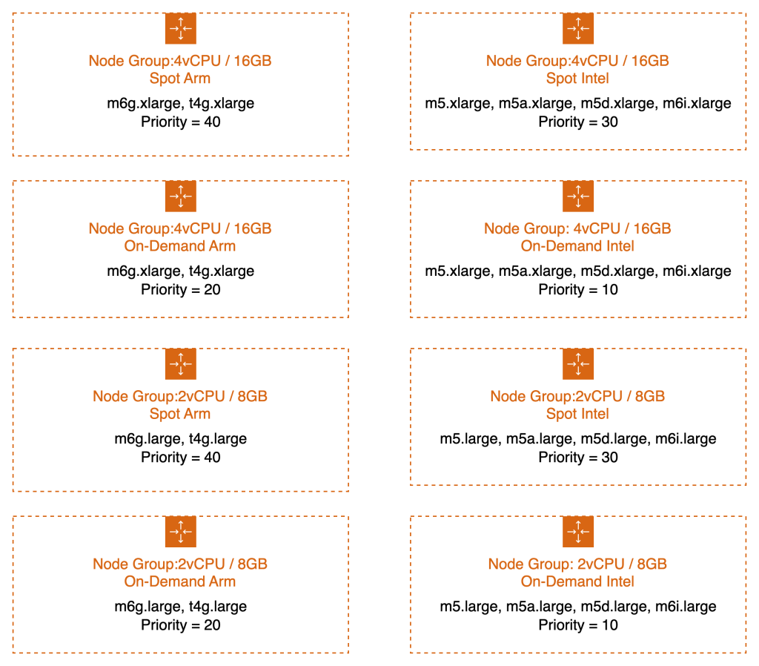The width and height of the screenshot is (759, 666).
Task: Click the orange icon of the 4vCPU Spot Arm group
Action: tap(180, 28)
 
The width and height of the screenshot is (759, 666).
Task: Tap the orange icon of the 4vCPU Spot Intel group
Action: tap(578, 28)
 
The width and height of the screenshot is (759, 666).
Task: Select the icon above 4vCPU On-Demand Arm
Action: tap(180, 196)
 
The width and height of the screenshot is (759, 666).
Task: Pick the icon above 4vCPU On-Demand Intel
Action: tap(578, 196)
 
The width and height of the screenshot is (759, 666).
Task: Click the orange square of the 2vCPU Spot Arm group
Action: tap(180, 363)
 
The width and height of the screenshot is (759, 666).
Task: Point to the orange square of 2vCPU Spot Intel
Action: tap(578, 363)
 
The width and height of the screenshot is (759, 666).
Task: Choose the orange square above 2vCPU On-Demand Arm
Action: tap(180, 532)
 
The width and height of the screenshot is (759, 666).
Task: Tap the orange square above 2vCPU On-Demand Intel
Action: tap(578, 532)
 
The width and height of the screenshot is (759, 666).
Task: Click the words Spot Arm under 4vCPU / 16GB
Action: tap(180, 79)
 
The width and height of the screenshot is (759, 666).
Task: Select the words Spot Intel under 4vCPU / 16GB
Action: tap(577, 79)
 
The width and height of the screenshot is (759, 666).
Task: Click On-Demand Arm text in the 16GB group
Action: tap(180, 246)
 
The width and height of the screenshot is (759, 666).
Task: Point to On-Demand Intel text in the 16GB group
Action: tap(577, 246)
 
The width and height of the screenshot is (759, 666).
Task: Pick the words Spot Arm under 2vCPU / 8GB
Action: tap(180, 414)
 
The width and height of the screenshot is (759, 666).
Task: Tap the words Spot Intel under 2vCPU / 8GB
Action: tap(577, 414)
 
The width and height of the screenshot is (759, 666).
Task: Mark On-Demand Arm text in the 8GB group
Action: tap(180, 581)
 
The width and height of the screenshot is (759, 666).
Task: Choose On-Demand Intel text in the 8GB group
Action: tap(577, 581)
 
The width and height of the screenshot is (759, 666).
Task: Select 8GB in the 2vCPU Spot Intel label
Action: tap(649, 397)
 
